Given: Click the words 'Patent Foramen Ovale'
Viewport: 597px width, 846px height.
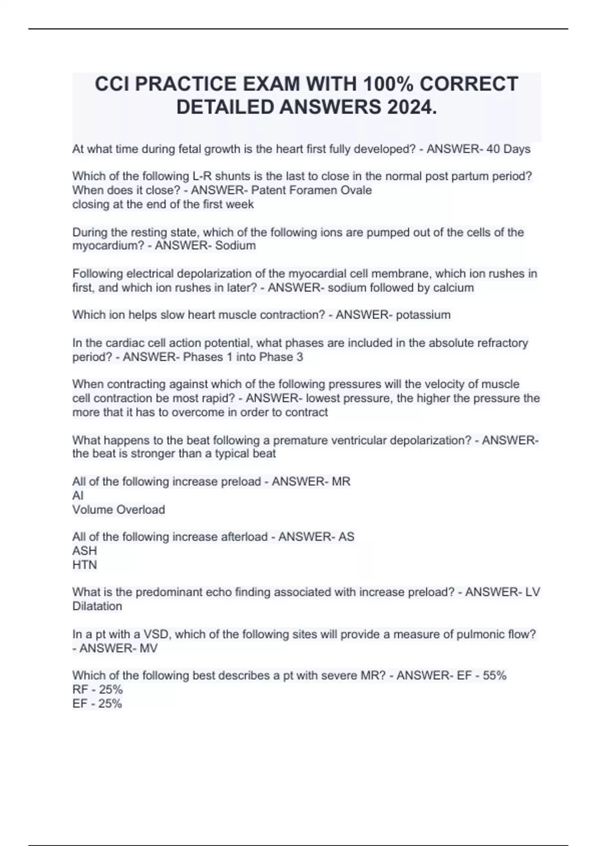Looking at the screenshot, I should (311, 190).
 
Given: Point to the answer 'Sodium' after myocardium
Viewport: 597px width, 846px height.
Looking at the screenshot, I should (235, 245).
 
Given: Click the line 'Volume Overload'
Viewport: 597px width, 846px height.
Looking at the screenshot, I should (118, 510).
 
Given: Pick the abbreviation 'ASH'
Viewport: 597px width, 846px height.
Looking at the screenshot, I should (85, 551).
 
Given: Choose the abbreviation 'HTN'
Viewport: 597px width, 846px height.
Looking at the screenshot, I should (85, 565).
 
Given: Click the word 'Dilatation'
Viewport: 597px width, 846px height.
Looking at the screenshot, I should (97, 606).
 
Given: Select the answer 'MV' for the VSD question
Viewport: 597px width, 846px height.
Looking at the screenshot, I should (149, 648).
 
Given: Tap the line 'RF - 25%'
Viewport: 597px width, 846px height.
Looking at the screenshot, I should (98, 690).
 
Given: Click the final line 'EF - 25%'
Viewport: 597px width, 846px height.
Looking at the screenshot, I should (97, 704).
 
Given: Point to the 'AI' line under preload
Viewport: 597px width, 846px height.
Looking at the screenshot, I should (78, 496).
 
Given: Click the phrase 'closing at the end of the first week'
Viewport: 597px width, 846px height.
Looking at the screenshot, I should (163, 204).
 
